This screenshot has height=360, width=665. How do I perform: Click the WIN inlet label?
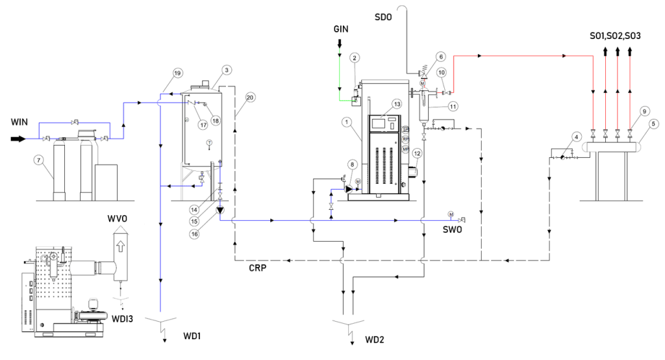pyautogui.click(x=18, y=123)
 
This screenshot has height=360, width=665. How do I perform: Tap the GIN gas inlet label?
pyautogui.click(x=342, y=30)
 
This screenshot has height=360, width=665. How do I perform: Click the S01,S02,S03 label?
pyautogui.click(x=615, y=36)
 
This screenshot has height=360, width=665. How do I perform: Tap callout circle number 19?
pyautogui.click(x=177, y=73)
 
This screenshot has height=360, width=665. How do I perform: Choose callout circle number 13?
pyautogui.click(x=397, y=105)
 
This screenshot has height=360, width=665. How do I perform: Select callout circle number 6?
pyautogui.click(x=440, y=57)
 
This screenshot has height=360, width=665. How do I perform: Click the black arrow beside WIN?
pyautogui.click(x=18, y=138)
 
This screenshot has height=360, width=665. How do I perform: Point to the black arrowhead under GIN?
pyautogui.click(x=339, y=44)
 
